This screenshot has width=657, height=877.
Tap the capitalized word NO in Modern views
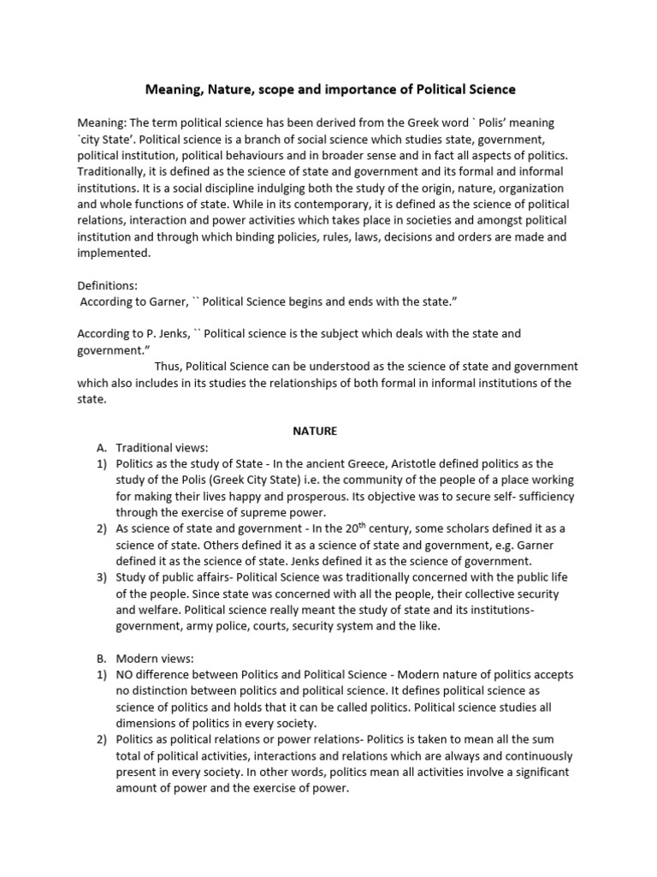127,675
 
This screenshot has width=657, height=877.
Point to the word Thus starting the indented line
169,367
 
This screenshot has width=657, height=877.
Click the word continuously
523,756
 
